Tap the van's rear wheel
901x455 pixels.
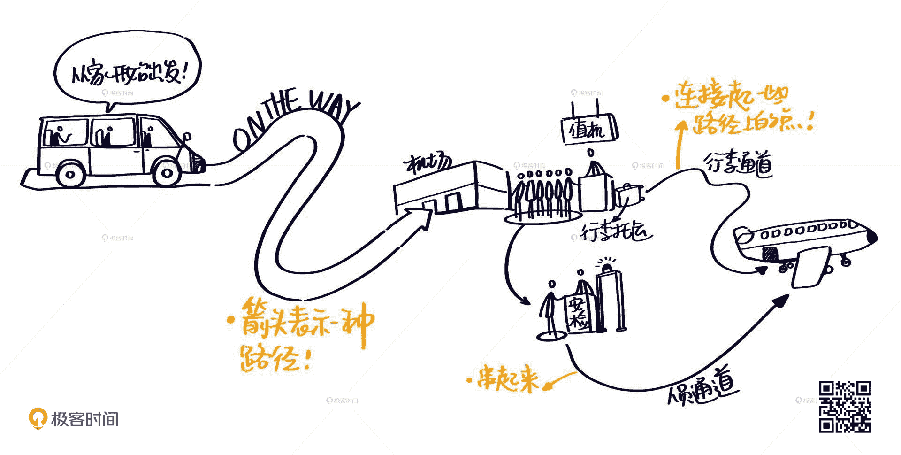point(70,174)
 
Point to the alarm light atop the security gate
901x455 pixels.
point(608,267)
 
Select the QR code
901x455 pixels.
point(845,407)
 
